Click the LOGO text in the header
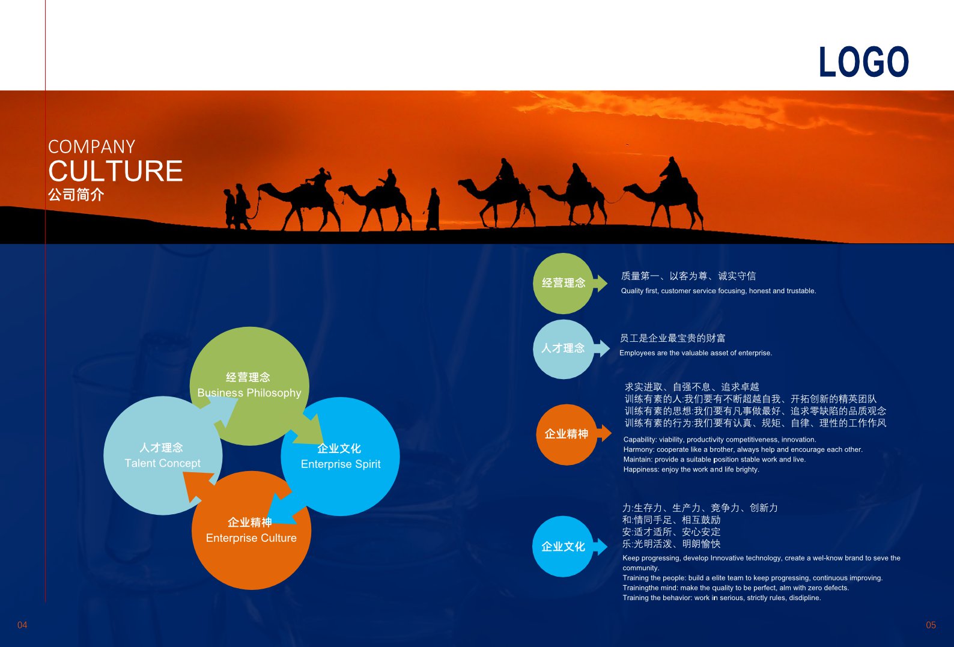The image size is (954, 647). coord(864,62)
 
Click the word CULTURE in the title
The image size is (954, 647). coord(115,171)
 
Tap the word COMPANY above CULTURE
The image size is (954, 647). coord(91,147)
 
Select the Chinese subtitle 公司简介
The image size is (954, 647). coord(76,195)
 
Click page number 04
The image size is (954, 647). coord(22,625)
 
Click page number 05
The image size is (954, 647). coord(931,625)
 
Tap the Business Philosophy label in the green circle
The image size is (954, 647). coord(249,393)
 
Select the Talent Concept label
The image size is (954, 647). coord(162,463)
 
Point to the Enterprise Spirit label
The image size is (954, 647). coord(341,464)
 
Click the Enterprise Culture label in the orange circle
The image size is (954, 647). coord(251,538)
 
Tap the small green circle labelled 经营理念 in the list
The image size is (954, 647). coord(563,283)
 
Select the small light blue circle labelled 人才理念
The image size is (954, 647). coord(563,349)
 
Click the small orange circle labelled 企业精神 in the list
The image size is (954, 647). coord(566,434)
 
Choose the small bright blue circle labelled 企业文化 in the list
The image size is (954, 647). coord(562,547)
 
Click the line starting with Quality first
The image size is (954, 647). coord(719,291)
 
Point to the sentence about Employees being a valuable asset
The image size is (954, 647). coord(696,353)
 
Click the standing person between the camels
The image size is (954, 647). coord(433,208)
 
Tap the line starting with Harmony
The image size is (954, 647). coord(743,449)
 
